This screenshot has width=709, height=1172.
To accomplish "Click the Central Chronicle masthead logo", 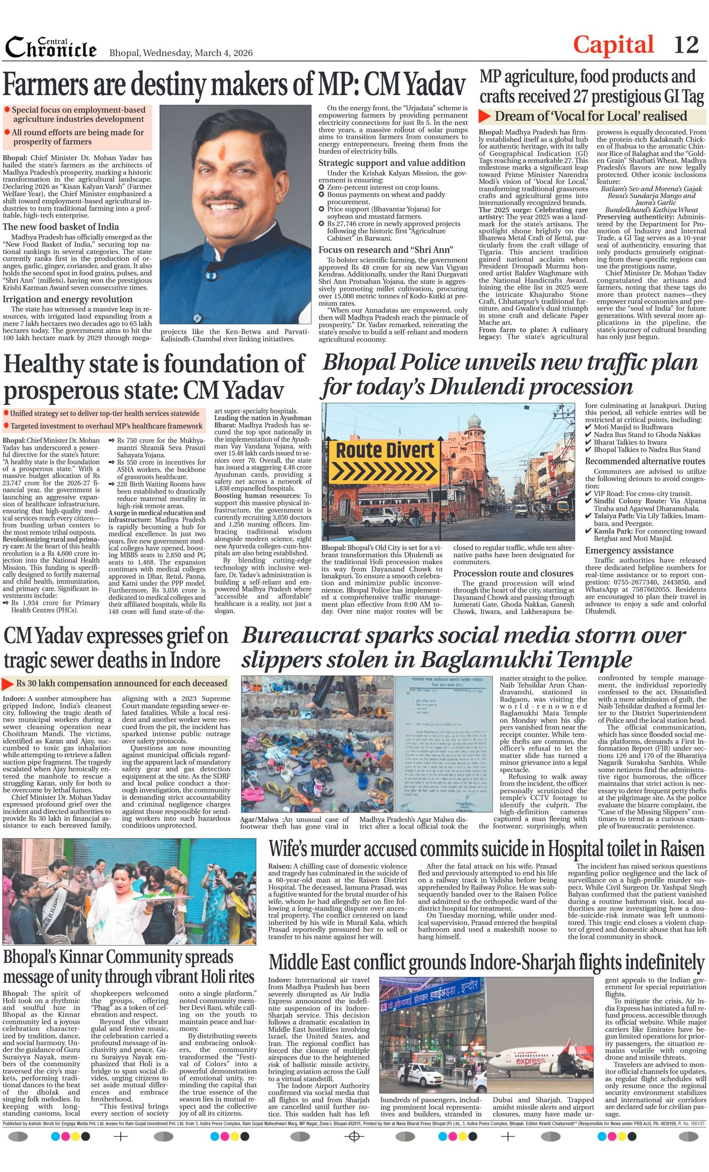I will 51,47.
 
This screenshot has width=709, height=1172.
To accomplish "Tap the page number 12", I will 686,45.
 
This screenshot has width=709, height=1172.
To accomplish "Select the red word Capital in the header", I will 613,45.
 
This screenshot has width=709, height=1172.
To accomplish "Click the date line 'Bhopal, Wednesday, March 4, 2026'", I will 181,53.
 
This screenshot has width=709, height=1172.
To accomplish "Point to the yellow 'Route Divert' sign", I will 385,458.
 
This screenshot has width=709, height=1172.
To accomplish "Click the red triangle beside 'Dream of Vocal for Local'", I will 484,116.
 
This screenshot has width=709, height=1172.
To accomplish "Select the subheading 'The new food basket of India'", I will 60,227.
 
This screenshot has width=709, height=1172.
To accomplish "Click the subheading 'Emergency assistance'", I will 629,551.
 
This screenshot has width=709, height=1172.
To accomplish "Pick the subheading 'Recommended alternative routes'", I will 645,461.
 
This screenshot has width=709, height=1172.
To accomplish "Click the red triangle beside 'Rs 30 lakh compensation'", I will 8,684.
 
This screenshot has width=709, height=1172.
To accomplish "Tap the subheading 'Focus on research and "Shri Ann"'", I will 386,250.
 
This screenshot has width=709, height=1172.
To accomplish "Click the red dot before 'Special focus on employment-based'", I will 7,109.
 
